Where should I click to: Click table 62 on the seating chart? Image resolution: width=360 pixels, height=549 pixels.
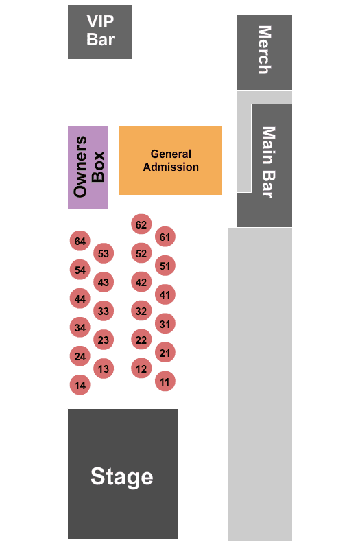click(141, 224)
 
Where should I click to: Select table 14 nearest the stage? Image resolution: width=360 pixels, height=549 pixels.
click(80, 385)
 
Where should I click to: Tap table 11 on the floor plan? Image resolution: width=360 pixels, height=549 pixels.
click(165, 382)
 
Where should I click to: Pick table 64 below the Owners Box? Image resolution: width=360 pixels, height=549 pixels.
click(80, 241)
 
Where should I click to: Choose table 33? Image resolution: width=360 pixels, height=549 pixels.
click(104, 311)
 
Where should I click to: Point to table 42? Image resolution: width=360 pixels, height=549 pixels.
click(141, 282)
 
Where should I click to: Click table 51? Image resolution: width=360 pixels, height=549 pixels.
click(165, 266)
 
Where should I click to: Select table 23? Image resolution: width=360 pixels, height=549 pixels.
click(104, 340)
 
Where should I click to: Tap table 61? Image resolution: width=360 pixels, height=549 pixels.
click(165, 237)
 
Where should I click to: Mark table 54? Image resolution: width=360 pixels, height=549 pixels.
click(80, 270)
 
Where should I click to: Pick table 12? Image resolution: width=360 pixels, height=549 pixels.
click(141, 369)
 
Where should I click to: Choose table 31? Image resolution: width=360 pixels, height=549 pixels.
click(165, 324)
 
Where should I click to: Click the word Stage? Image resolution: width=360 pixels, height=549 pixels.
click(122, 477)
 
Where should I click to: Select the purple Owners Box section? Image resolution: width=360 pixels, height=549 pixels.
click(88, 167)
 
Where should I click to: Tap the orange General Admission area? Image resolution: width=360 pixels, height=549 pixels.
click(170, 160)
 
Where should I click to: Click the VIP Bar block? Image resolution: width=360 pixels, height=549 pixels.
click(99, 32)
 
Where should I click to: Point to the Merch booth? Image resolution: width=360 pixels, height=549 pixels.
click(264, 53)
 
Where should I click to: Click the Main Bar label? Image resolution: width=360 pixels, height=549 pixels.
click(269, 163)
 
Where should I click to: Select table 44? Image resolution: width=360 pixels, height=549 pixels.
click(80, 299)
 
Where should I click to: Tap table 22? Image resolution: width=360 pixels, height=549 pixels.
click(141, 340)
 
